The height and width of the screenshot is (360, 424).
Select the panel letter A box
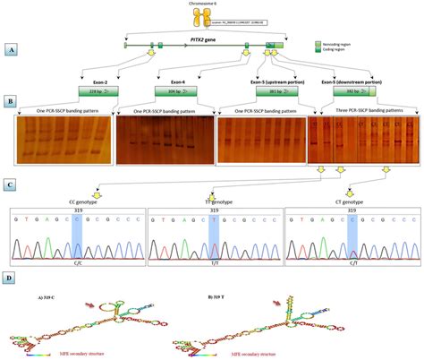point(12,50)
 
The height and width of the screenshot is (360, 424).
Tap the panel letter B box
point(12,102)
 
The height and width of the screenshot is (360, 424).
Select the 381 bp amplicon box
point(263,90)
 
